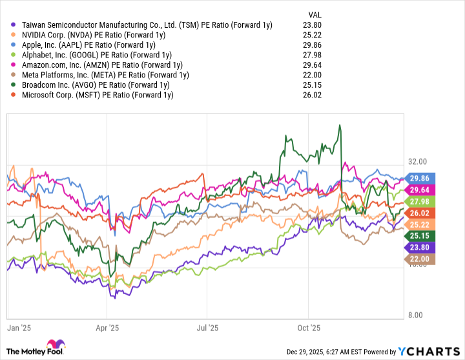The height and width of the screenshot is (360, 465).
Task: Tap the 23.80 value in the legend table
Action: pos(312,25)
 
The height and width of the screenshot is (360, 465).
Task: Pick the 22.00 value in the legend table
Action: pos(312,75)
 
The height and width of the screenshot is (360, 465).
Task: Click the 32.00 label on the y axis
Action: pos(418,161)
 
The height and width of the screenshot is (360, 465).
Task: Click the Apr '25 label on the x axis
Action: pos(108,328)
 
